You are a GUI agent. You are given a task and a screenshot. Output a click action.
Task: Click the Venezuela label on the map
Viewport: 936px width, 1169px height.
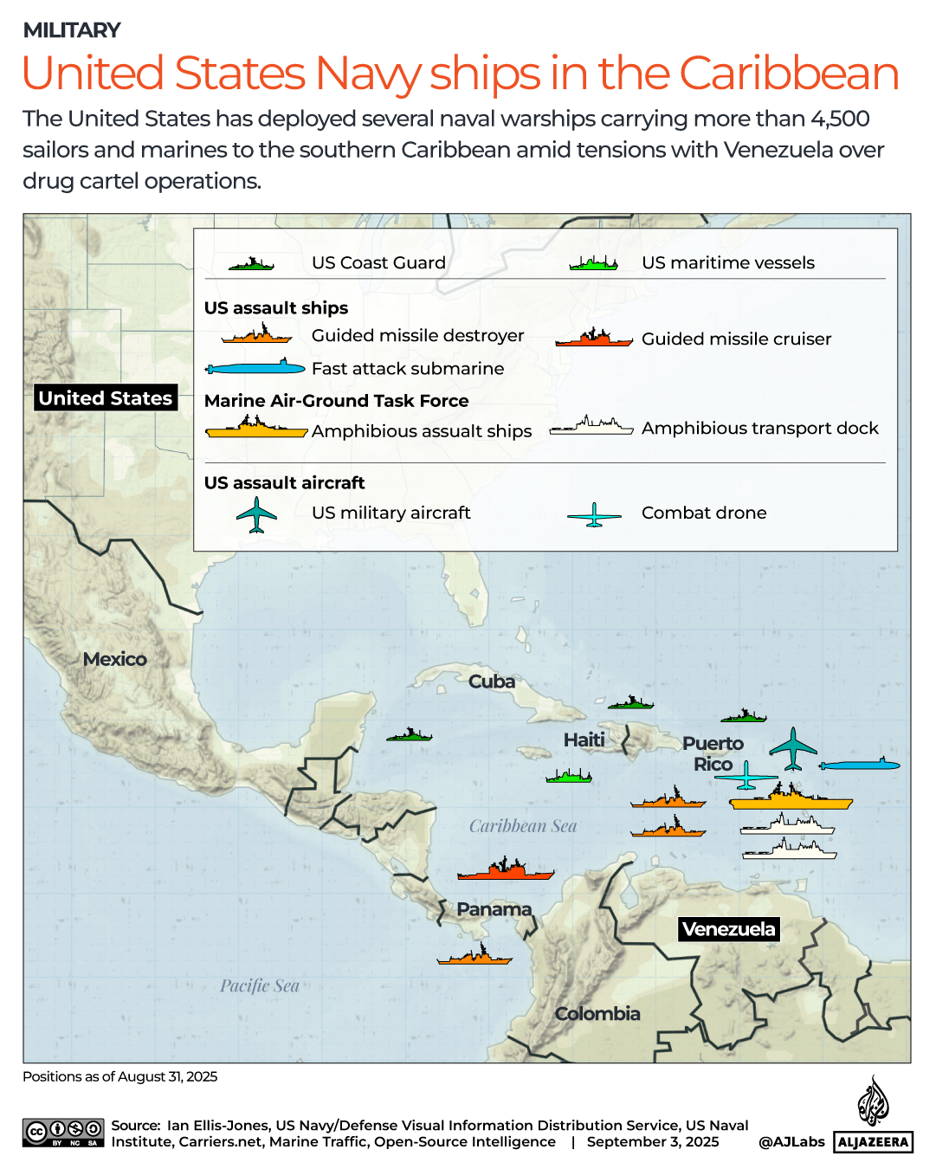pos(728,929)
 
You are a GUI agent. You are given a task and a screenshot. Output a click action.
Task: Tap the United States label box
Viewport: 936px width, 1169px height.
pos(106,398)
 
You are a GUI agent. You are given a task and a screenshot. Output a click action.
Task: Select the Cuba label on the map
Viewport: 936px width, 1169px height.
pos(492,682)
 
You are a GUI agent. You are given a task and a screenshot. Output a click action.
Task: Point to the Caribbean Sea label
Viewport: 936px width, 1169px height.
pos(523,826)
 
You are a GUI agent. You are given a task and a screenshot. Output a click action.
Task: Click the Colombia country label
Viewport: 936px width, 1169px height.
pos(597,1014)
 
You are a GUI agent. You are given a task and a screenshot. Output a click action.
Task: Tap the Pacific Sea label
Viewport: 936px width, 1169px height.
pos(260,986)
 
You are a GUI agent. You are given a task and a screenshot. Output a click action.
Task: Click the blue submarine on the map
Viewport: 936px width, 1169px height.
pos(859,765)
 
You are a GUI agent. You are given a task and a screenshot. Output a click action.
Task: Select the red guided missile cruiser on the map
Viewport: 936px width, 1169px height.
pos(506,870)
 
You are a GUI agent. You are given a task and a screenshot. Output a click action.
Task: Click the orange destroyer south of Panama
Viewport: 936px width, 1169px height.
pos(474,956)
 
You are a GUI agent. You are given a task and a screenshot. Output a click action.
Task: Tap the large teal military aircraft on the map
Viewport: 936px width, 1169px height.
pos(792,749)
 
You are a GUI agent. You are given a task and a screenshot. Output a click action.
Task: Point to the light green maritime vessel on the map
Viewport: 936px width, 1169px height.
pos(569,776)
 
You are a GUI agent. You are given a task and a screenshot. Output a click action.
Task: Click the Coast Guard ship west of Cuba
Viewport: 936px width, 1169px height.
pos(409,735)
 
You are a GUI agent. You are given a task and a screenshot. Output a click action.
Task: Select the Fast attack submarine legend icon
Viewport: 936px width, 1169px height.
pos(255,368)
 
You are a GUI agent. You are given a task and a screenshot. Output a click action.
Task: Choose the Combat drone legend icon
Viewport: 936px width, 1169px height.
pos(594,515)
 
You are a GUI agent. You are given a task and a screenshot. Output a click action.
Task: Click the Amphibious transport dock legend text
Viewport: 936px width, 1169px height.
pos(759,429)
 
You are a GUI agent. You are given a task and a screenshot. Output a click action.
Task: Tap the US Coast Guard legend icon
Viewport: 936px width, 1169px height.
pos(251,263)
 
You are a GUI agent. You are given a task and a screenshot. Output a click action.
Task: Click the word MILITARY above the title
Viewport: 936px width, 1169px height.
pos(72,30)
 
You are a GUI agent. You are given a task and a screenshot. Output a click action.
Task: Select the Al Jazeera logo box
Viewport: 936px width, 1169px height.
pos(873,1142)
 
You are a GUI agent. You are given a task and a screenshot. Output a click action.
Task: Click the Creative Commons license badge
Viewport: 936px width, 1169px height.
pos(64,1133)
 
